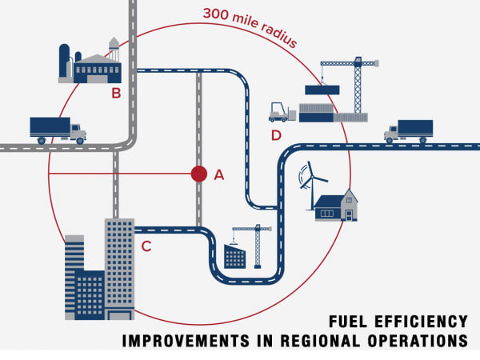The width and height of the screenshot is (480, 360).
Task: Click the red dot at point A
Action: (198, 174)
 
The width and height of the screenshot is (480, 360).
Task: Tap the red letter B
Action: (116, 93)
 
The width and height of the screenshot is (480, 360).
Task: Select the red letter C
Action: (146, 246)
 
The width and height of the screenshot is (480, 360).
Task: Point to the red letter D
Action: (276, 134)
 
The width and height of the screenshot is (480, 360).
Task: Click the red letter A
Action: (219, 174)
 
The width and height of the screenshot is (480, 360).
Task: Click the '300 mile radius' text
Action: (250, 25)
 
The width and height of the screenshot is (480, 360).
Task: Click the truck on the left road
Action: (57, 129)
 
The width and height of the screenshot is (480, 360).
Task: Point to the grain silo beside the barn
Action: (66, 60)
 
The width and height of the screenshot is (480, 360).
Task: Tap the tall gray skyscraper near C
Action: (119, 268)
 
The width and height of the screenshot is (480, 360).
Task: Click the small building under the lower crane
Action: (234, 256)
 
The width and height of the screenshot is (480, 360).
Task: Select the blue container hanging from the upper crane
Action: (322, 89)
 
